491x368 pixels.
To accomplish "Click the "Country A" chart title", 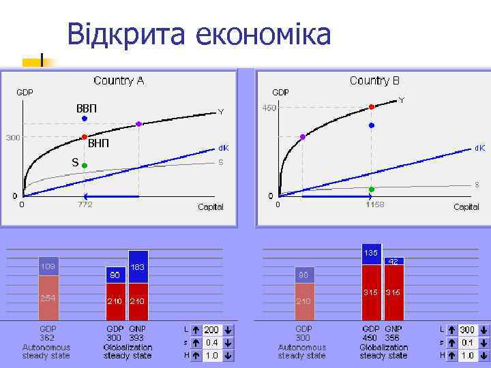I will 119,80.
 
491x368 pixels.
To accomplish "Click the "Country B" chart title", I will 374,80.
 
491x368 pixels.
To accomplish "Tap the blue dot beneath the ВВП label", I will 85,119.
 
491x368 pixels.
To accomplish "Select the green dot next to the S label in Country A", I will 85,165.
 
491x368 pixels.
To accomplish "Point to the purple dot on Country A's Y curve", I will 139,124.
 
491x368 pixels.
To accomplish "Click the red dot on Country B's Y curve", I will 372,107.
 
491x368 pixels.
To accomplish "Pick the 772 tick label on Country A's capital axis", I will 85,204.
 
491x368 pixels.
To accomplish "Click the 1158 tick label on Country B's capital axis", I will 374,204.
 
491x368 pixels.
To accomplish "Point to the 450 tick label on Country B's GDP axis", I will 270,108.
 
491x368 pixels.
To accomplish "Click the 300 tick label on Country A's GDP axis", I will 13,138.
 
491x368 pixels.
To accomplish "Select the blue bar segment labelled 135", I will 371,254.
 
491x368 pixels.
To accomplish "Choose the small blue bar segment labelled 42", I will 393,261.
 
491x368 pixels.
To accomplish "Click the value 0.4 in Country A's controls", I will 212,343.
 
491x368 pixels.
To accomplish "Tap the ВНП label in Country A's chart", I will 98,144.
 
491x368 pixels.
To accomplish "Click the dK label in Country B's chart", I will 480,147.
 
